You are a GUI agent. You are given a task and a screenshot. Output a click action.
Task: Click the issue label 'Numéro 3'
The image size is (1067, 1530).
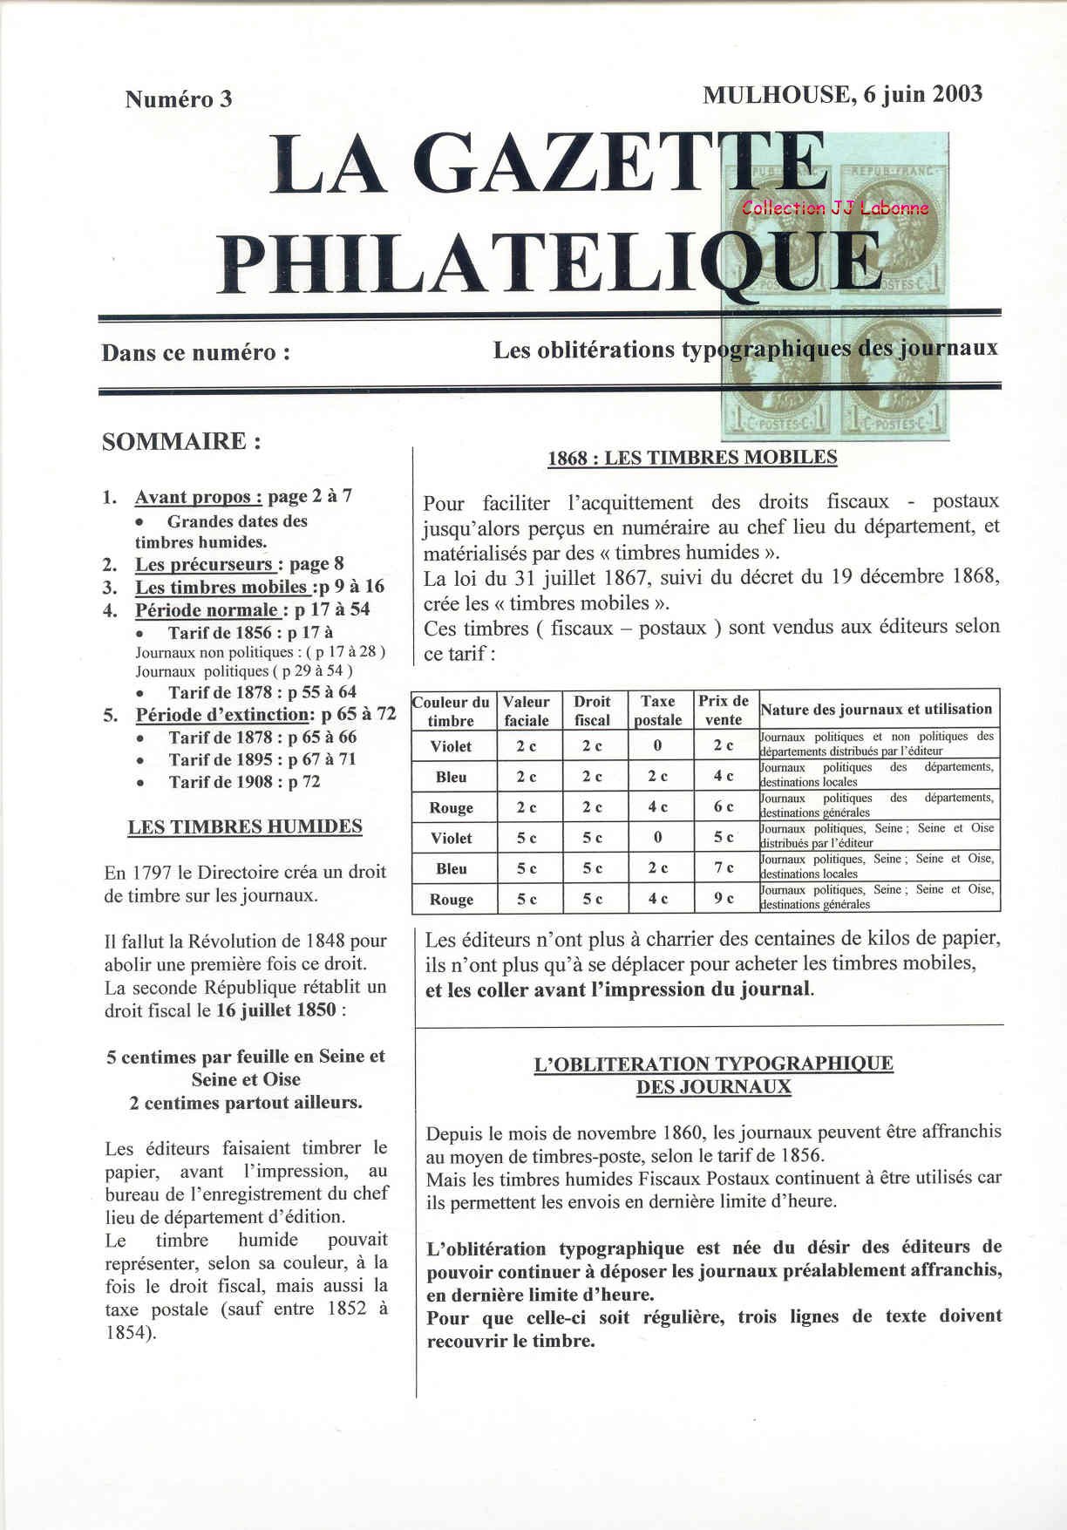click(x=179, y=99)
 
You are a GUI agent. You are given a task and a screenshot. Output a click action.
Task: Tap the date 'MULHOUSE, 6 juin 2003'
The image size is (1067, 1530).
click(x=842, y=94)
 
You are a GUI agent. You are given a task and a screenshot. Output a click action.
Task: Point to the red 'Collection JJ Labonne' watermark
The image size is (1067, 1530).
click(x=835, y=207)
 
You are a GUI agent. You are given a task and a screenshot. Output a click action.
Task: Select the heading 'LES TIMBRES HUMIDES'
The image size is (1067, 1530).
click(x=245, y=826)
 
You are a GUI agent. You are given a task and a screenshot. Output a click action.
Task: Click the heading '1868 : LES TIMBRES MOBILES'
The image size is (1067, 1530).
click(x=692, y=458)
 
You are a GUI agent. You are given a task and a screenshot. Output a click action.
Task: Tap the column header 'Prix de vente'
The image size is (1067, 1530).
click(x=723, y=711)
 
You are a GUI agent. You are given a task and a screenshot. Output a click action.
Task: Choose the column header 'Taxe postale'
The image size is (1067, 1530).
click(x=657, y=711)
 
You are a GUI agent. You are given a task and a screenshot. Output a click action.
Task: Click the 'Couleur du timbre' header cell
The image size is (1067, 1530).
click(x=452, y=711)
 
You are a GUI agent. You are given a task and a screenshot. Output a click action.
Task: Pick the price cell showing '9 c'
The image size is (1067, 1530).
click(x=724, y=898)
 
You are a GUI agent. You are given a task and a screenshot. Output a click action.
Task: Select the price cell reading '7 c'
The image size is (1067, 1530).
click(x=724, y=867)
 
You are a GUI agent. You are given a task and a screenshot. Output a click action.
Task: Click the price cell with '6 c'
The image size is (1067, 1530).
click(x=724, y=806)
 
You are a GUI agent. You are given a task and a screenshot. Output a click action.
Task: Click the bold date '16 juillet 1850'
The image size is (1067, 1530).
click(x=276, y=1010)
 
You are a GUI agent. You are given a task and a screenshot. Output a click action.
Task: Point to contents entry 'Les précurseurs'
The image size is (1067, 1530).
click(x=204, y=564)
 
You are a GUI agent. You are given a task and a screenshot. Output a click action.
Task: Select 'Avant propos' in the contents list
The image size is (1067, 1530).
click(x=198, y=497)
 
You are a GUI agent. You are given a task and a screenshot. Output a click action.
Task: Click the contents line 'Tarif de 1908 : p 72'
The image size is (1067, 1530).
click(x=244, y=782)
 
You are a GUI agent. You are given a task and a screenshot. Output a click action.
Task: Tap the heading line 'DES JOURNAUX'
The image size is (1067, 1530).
click(x=713, y=1087)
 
